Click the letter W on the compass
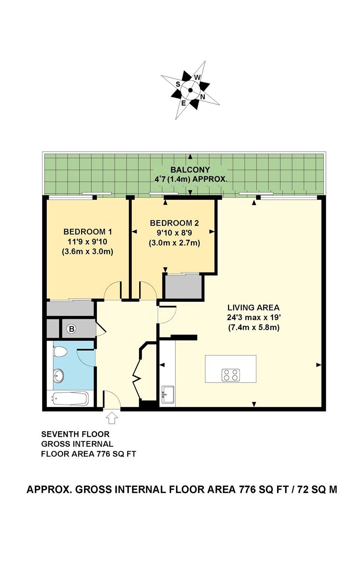click(x=197, y=77)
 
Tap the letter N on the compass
click(x=203, y=97)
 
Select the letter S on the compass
click(x=178, y=84)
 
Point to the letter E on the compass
click(x=184, y=103)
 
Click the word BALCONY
click(x=190, y=170)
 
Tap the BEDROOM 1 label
click(x=87, y=232)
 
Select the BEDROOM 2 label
click(x=174, y=223)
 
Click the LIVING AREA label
click(x=253, y=307)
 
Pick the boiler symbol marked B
click(x=72, y=329)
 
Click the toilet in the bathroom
click(x=60, y=351)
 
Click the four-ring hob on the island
click(x=231, y=375)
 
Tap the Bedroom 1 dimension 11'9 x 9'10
click(x=87, y=242)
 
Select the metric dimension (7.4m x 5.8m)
click(x=254, y=328)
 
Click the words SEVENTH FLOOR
click(x=75, y=434)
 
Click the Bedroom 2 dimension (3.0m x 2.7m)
click(x=175, y=243)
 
